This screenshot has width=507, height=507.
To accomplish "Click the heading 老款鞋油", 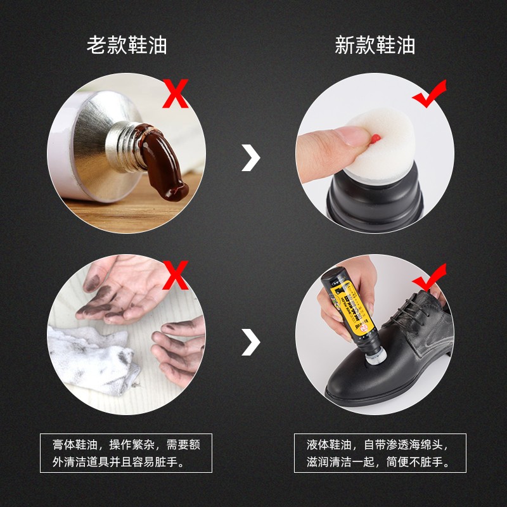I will (x=127, y=46).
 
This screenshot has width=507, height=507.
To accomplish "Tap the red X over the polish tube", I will (x=176, y=93).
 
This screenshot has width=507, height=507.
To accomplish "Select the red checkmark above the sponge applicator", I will (x=429, y=95).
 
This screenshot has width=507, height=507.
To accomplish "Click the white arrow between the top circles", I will (x=252, y=158).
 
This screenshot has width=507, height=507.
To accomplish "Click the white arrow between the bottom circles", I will (x=252, y=342).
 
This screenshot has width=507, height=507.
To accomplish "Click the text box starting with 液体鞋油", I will (x=380, y=453).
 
